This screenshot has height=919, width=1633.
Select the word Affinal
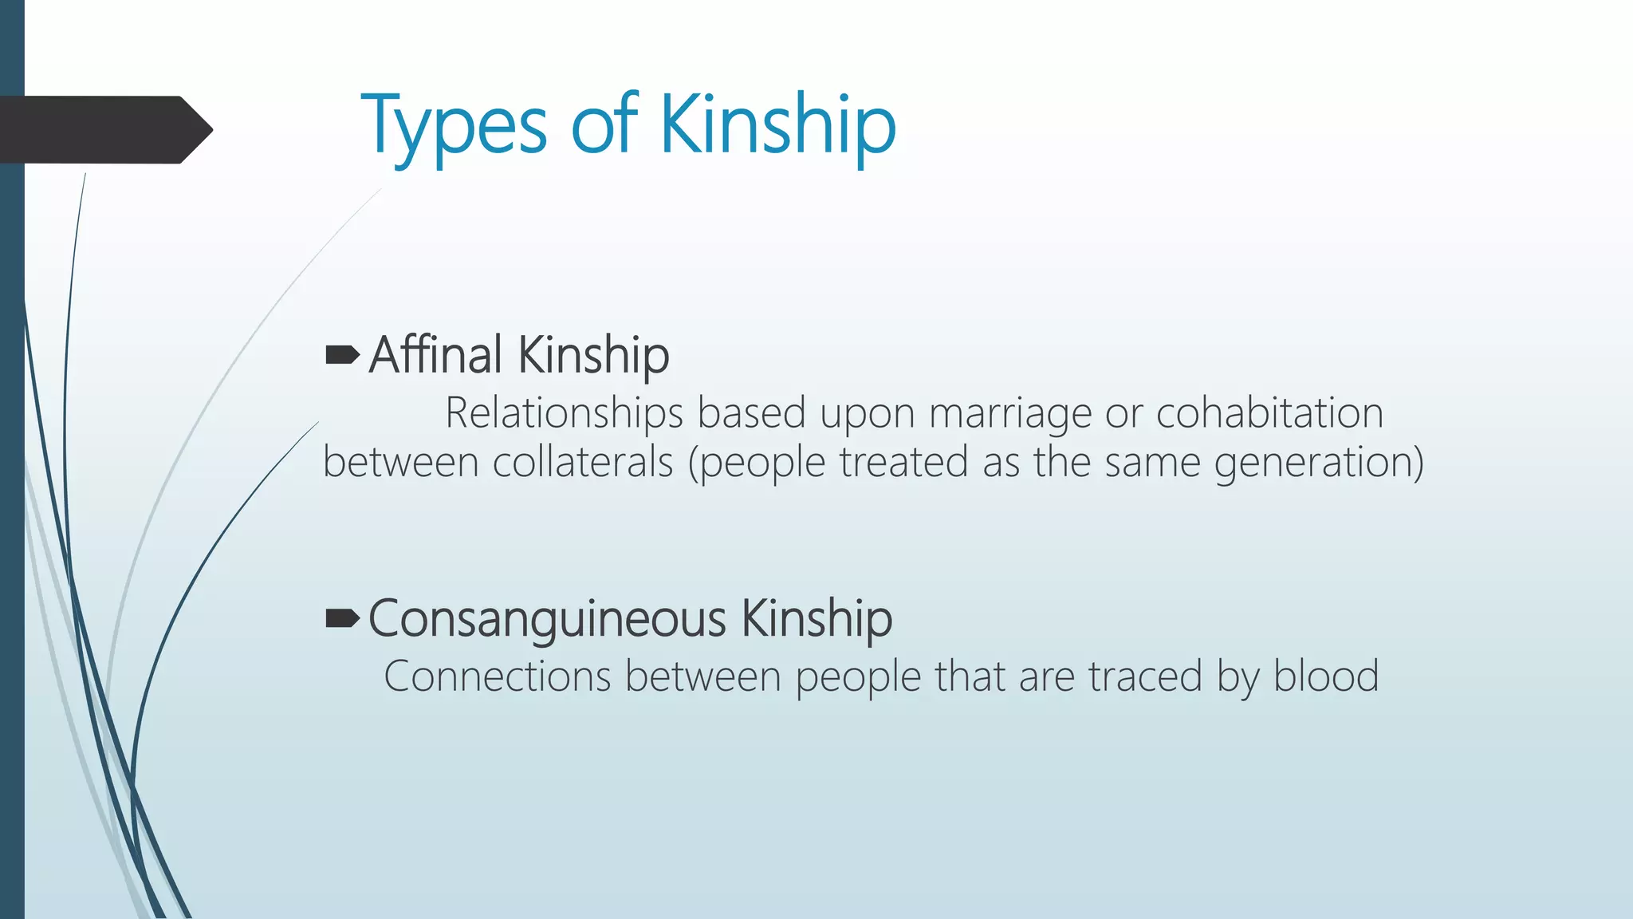(x=435, y=354)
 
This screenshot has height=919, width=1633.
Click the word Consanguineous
(x=547, y=618)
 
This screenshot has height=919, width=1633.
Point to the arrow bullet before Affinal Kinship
(x=343, y=355)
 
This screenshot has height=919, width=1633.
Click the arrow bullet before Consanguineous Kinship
(x=343, y=618)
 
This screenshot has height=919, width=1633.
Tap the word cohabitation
(x=1269, y=413)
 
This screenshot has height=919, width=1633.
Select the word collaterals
(x=583, y=462)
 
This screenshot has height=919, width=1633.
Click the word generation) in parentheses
(x=1319, y=463)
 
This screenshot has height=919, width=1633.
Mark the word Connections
(x=497, y=676)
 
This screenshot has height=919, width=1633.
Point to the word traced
(x=1144, y=676)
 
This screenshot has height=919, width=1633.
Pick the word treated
(x=903, y=462)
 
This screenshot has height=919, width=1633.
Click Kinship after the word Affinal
(x=593, y=356)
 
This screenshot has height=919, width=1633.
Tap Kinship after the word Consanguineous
(x=816, y=619)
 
